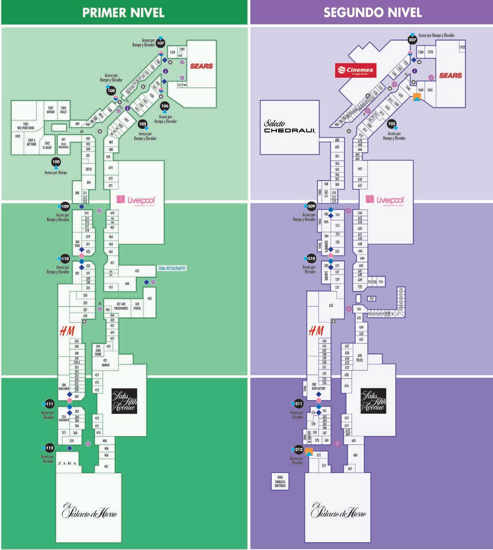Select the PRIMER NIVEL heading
[123, 12]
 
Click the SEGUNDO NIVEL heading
[372, 12]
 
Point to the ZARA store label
[67, 463]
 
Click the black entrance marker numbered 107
[160, 43]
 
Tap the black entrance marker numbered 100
[56, 162]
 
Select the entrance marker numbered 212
[298, 450]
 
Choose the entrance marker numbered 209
[311, 206]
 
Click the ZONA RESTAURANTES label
[172, 268]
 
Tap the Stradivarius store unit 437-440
[121, 306]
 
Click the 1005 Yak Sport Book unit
[25, 126]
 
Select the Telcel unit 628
[360, 358]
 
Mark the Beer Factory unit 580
[319, 386]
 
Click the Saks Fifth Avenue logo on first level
[124, 401]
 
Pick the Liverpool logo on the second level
[386, 200]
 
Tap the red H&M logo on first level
[67, 331]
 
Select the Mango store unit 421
[106, 363]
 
